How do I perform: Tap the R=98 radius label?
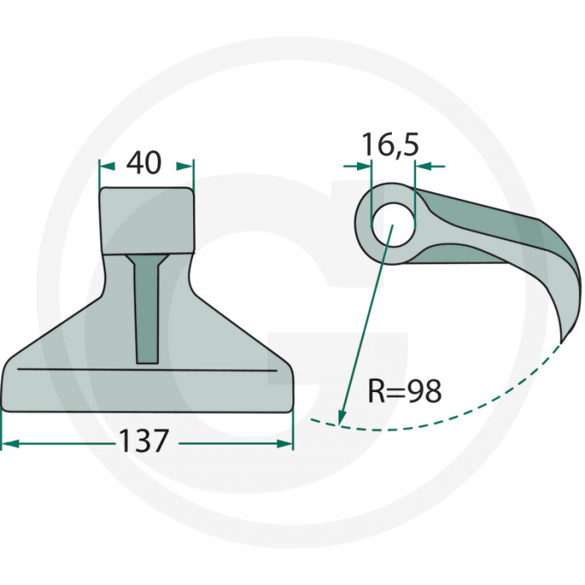tap(404, 390)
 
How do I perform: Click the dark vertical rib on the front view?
tap(148, 309)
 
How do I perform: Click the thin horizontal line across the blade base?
tap(146, 369)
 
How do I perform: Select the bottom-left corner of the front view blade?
tap(7, 408)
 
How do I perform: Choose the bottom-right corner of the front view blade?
tap(289, 408)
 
